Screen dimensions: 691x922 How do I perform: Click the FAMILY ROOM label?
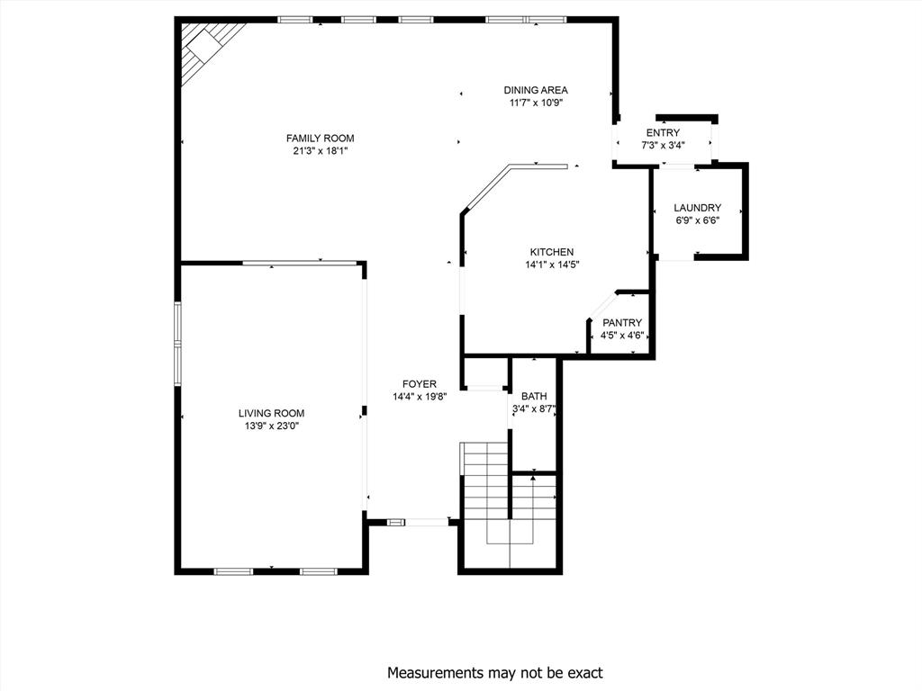tap(320, 138)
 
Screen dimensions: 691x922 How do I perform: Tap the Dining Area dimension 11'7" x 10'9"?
tap(535, 103)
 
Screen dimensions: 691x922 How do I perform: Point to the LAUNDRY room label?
tap(698, 208)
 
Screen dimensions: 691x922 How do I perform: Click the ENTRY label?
tap(663, 133)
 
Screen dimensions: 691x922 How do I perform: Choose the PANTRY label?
tap(622, 323)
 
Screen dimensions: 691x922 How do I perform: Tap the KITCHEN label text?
tap(551, 252)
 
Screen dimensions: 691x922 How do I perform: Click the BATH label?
tap(534, 396)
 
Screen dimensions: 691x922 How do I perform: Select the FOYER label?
tap(419, 384)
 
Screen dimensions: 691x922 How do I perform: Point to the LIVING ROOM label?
tap(271, 413)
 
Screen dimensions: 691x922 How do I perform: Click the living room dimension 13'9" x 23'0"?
tap(271, 426)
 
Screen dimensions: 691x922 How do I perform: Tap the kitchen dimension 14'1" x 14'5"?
tap(551, 265)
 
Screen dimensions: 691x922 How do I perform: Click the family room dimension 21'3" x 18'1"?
tap(320, 151)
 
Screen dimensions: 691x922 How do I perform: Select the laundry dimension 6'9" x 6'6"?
tap(698, 220)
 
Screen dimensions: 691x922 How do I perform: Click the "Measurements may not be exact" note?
tap(495, 672)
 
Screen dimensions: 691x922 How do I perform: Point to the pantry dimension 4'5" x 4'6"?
tap(622, 337)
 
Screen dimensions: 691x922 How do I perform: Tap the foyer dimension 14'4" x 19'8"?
tap(419, 397)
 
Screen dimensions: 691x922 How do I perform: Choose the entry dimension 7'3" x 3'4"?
tap(663, 146)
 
